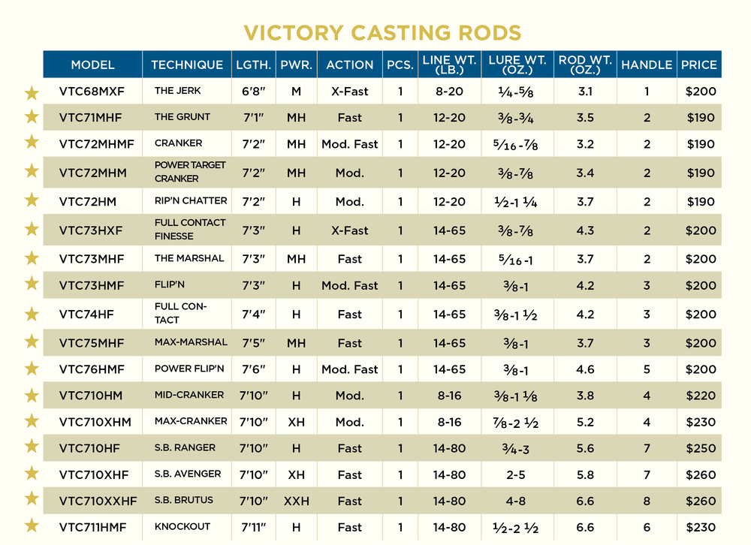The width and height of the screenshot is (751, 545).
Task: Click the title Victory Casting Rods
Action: (x=382, y=33)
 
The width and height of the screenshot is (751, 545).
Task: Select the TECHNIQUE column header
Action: (x=187, y=65)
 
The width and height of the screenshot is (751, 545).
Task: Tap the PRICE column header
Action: (x=698, y=65)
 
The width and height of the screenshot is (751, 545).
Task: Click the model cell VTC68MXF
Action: (x=92, y=92)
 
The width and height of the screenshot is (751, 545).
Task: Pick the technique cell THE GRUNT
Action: (x=182, y=117)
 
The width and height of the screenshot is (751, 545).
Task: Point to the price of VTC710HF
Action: (x=700, y=448)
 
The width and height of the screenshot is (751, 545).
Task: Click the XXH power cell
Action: (x=297, y=501)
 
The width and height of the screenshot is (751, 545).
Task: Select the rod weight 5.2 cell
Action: (x=585, y=422)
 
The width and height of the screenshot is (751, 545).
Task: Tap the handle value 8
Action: (x=647, y=501)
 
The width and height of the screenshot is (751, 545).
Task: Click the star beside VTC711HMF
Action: (x=32, y=526)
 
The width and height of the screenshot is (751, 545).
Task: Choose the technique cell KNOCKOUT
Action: (x=182, y=527)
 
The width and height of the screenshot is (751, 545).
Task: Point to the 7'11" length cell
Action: (x=254, y=527)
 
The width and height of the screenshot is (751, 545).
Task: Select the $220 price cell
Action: (x=700, y=396)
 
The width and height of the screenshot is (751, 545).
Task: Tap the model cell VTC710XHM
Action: (x=95, y=422)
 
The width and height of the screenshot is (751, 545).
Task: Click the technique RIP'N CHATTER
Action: (x=191, y=201)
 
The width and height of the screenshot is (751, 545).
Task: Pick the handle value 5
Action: (x=647, y=369)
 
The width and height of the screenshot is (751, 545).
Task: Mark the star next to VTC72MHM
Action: (x=32, y=172)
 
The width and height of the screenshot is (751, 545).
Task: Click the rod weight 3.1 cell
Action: (x=585, y=92)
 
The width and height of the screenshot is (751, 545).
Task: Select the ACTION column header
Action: (x=350, y=65)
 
